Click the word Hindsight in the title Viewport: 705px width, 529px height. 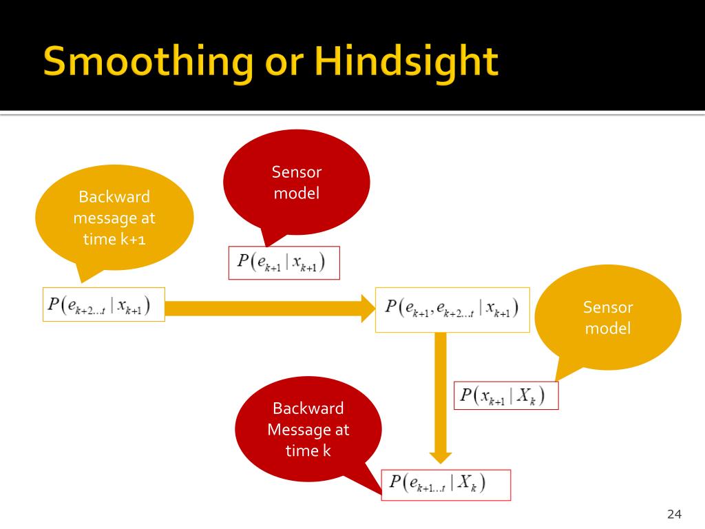tap(406, 63)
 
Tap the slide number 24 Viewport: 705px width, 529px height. tap(675, 514)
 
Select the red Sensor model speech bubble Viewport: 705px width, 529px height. tap(296, 183)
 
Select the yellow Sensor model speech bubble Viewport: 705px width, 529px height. tap(608, 318)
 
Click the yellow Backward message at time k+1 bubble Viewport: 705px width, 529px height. tap(114, 218)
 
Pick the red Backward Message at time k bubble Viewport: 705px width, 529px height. tap(308, 429)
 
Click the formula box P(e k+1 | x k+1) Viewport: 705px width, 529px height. tap(284, 262)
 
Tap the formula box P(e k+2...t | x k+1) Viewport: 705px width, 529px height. tap(104, 304)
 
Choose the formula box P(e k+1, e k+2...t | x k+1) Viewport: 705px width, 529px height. tap(452, 310)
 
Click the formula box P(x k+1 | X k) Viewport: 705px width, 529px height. tap(506, 395)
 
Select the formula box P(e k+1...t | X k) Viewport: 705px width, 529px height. tap(446, 485)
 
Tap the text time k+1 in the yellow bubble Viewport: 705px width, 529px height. tap(114, 239)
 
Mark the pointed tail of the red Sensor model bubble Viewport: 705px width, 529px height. tap(266, 247)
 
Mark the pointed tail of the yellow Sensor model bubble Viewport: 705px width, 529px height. tap(556, 380)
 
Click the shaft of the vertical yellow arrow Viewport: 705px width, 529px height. tap(441, 392)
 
